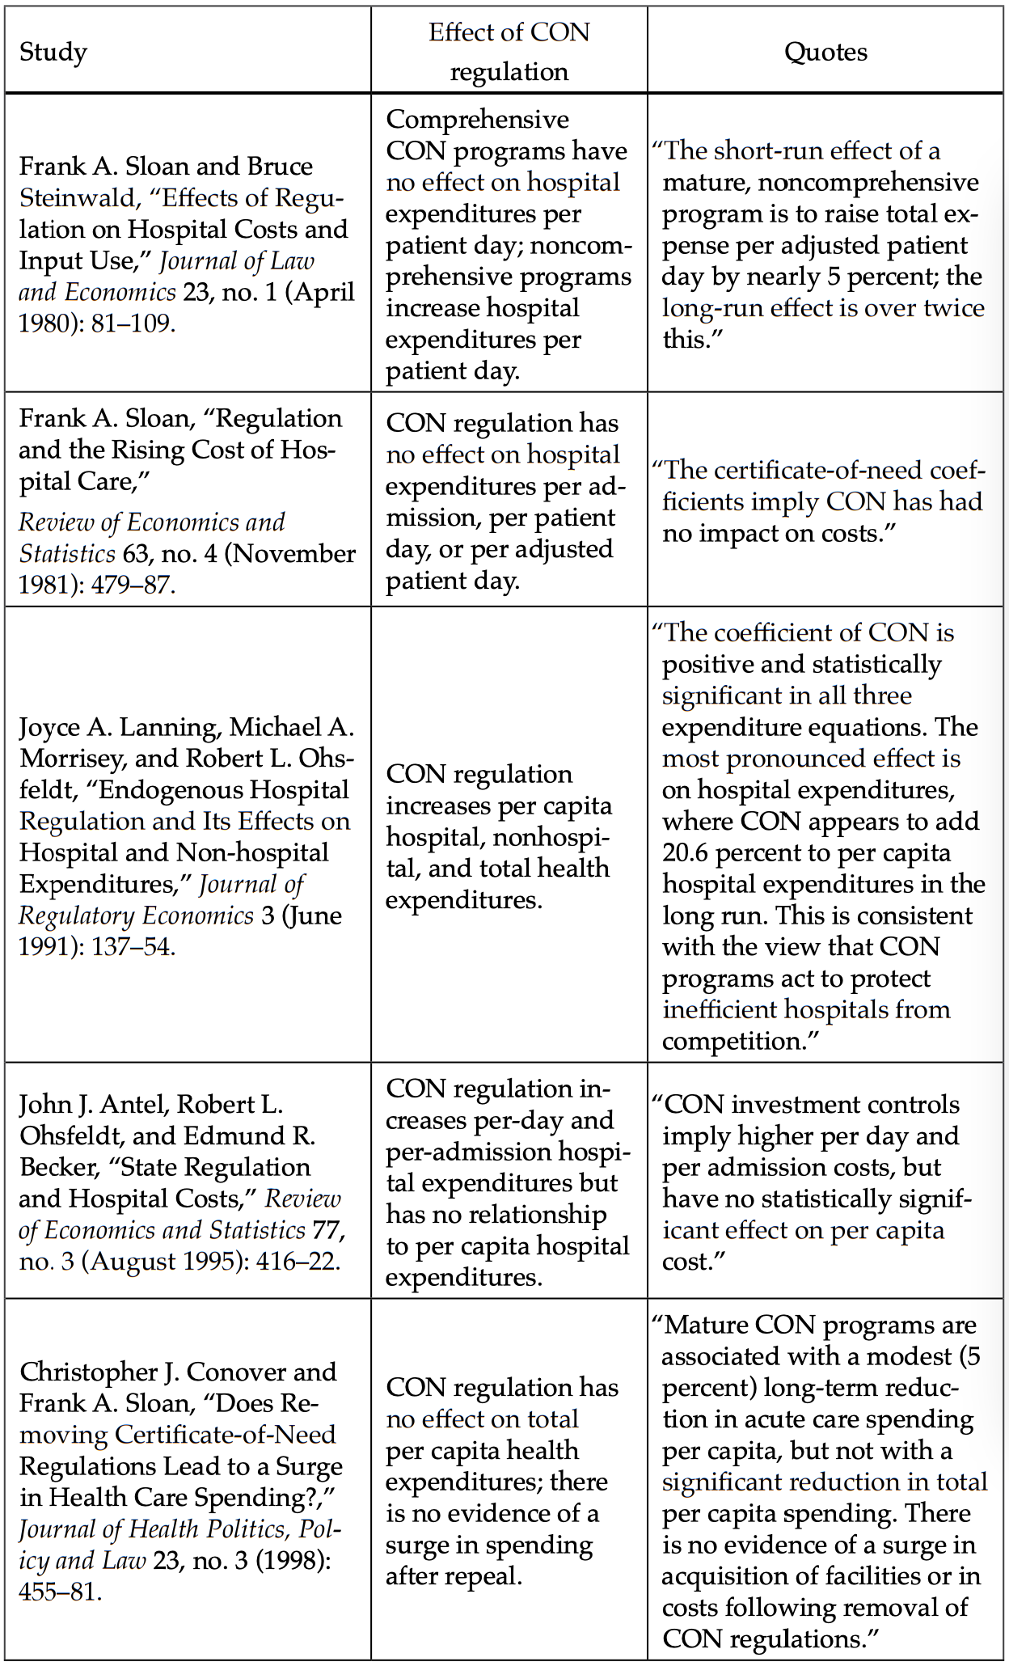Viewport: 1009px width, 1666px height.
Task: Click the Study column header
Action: pyautogui.click(x=53, y=53)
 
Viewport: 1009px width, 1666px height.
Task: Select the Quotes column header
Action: pyautogui.click(x=825, y=53)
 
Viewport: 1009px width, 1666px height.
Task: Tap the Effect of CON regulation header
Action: pyautogui.click(x=509, y=52)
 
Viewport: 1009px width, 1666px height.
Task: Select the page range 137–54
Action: pyautogui.click(x=133, y=946)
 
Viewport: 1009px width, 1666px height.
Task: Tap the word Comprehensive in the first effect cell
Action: pyautogui.click(x=477, y=120)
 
